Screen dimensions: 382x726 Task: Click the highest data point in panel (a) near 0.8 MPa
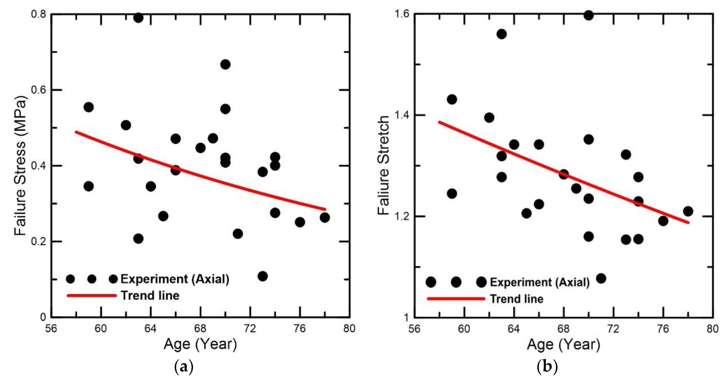(x=138, y=18)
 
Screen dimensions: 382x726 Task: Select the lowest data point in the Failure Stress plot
(x=262, y=276)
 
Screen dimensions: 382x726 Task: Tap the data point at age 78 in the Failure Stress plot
(x=325, y=217)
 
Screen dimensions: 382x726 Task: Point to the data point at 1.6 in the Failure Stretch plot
(x=589, y=15)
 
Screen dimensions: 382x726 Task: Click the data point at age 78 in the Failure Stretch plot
(x=688, y=211)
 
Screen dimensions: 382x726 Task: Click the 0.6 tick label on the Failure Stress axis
(x=38, y=90)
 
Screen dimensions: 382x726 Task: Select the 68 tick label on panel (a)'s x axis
(x=200, y=329)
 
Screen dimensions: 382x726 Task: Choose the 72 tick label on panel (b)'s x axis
(x=613, y=329)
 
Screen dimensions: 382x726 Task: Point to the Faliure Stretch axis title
(x=384, y=165)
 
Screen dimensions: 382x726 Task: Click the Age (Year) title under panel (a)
(x=200, y=344)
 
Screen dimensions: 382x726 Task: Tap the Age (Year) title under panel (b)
(x=564, y=344)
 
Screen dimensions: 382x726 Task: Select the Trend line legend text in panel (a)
(x=150, y=296)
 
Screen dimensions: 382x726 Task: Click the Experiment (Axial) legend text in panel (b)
(x=540, y=282)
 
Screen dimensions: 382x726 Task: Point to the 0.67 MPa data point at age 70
(x=225, y=65)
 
